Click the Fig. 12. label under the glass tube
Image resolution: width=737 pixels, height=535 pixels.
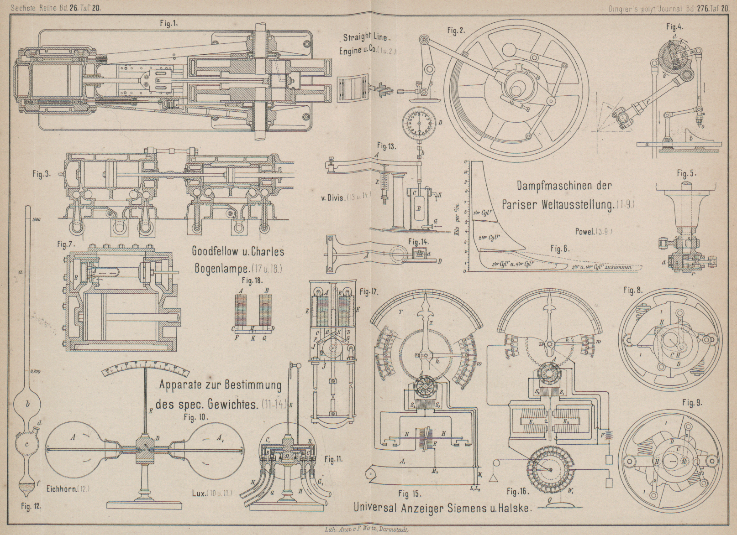32,505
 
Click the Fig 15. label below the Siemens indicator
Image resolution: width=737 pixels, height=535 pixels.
409,493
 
